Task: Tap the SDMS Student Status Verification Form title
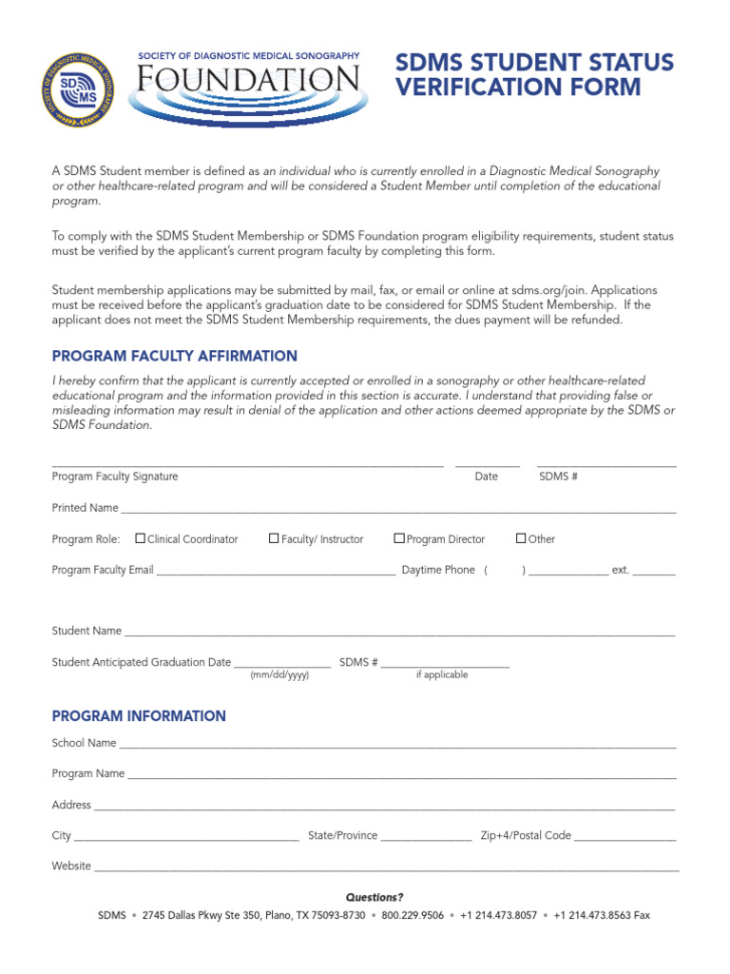[x=533, y=76]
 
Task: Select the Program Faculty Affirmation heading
[x=174, y=356]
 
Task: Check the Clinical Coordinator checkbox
[x=141, y=538]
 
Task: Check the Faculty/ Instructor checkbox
[x=274, y=538]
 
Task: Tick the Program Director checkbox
[x=399, y=538]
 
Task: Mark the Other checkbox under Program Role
[x=521, y=538]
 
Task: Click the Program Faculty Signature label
[x=114, y=477]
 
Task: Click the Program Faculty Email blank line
[x=276, y=574]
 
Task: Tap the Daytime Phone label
[x=438, y=570]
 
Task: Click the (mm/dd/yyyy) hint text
[x=279, y=674]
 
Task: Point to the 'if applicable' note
[x=442, y=674]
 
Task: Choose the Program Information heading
[x=139, y=716]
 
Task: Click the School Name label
[x=84, y=743]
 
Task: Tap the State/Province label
[x=342, y=835]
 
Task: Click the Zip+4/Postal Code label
[x=526, y=835]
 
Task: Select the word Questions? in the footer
[x=375, y=897]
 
